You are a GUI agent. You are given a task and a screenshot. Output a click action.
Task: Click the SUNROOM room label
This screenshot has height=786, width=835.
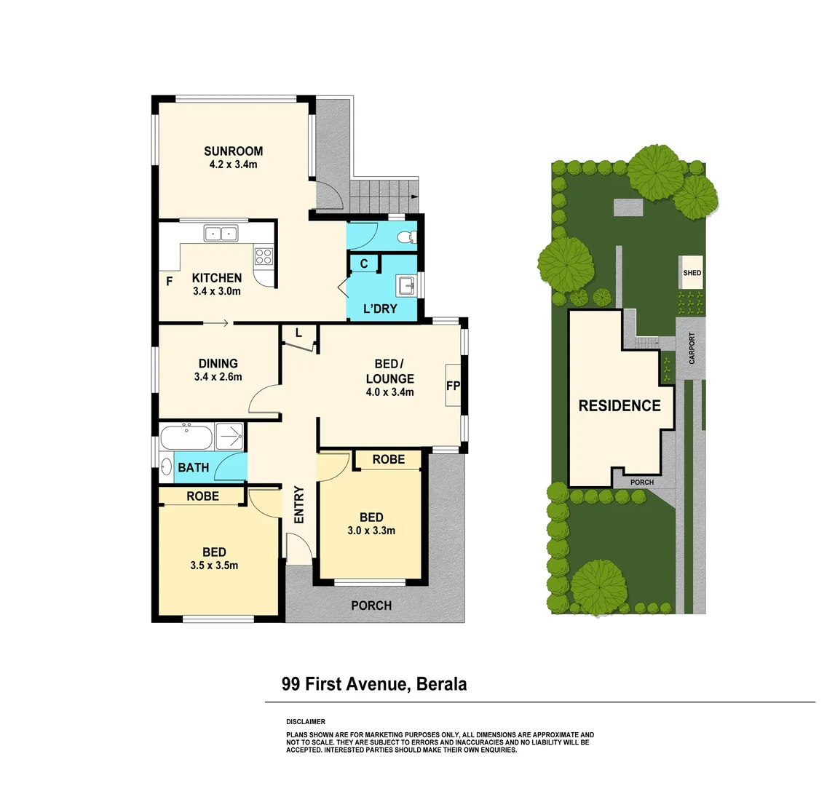(232, 151)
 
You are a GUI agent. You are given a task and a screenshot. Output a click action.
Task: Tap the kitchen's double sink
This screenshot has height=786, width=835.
(221, 234)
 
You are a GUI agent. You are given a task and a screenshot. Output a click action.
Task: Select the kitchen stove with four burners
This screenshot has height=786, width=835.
(263, 256)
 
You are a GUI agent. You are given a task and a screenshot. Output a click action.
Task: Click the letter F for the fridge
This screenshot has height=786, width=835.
(169, 281)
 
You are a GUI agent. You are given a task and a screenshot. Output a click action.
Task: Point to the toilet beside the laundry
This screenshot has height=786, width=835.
(410, 237)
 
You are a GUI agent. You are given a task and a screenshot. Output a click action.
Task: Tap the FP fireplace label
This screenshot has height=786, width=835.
(452, 386)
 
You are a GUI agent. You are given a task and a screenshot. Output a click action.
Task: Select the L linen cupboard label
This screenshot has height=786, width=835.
(298, 333)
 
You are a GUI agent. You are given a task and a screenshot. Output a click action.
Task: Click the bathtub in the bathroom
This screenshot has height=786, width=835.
(186, 439)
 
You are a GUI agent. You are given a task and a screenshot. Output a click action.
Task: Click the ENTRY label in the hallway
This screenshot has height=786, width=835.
(298, 504)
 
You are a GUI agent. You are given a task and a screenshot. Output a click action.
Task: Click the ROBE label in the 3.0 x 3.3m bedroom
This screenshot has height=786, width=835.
(388, 459)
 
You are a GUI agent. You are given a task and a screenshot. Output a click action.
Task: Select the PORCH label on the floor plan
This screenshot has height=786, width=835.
(371, 606)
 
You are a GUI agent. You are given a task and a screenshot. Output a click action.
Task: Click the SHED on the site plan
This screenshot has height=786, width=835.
(692, 273)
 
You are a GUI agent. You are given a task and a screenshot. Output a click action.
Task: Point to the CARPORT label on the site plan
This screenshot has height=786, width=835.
(692, 348)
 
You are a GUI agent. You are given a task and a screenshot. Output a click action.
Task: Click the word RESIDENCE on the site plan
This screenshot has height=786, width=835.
(619, 406)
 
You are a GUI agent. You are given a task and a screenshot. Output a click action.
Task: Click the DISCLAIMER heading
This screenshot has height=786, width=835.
(306, 722)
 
